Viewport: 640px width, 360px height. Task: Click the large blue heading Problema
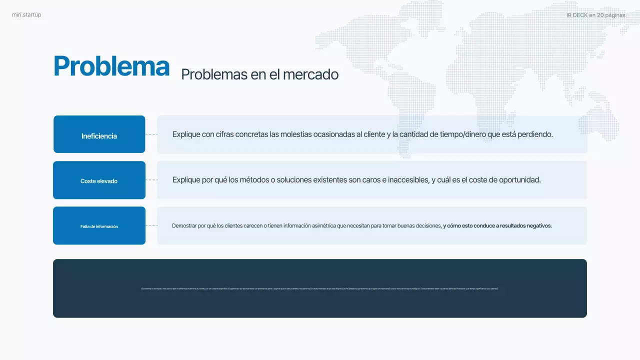pyautogui.click(x=111, y=66)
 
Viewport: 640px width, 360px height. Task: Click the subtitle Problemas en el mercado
pyautogui.click(x=259, y=74)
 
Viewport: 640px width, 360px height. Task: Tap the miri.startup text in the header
pyautogui.click(x=26, y=15)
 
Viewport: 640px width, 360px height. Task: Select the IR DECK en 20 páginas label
pyautogui.click(x=595, y=15)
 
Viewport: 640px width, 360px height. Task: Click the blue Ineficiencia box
pyautogui.click(x=99, y=134)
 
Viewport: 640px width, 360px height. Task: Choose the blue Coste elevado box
pyautogui.click(x=99, y=180)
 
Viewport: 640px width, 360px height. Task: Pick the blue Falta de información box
pyautogui.click(x=99, y=226)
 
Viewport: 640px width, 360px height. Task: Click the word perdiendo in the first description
pyautogui.click(x=534, y=134)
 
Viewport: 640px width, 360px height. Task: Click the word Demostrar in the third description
pyautogui.click(x=184, y=226)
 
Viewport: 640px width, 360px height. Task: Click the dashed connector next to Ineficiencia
pyautogui.click(x=151, y=134)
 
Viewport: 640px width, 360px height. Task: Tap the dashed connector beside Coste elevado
pyautogui.click(x=151, y=180)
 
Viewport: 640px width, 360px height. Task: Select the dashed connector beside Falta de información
pyautogui.click(x=151, y=225)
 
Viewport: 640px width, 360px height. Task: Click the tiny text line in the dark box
pyautogui.click(x=320, y=288)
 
